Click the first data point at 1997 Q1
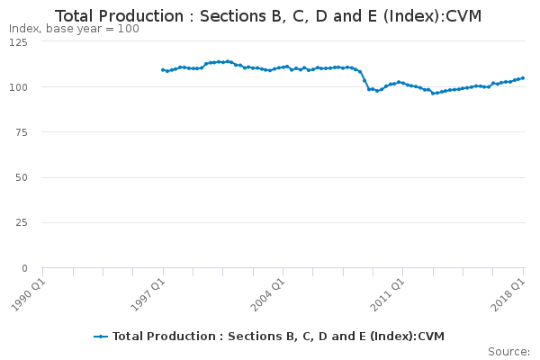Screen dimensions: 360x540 click(x=163, y=69)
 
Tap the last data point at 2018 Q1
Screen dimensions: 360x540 click(x=523, y=77)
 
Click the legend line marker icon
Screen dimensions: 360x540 click(x=101, y=337)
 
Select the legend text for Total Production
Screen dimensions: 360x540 click(x=278, y=337)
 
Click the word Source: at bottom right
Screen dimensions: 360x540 click(x=508, y=351)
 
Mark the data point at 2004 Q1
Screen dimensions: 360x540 click(x=283, y=67)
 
